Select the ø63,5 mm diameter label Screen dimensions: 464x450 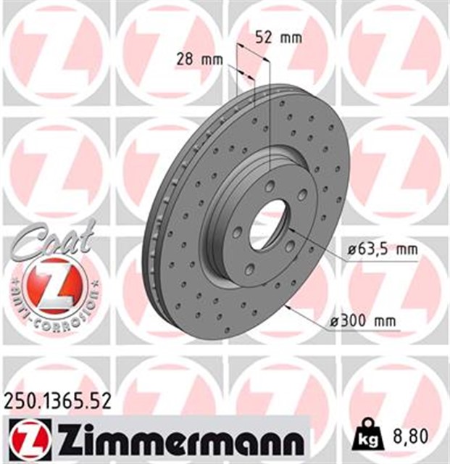tap(381, 251)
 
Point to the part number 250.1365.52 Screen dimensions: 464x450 tap(58, 399)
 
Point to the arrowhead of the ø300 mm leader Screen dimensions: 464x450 tap(290, 309)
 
